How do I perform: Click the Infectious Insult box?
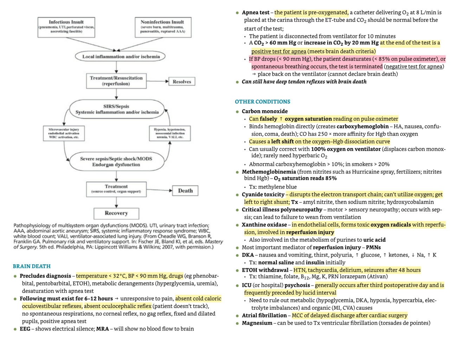coord(66,27)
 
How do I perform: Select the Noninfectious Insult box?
coord(163,27)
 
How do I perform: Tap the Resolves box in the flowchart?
coord(182,82)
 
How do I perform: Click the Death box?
coord(185,191)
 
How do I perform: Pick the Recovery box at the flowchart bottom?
coord(116,213)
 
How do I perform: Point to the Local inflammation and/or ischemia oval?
coord(120,56)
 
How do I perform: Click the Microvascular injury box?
coord(64,133)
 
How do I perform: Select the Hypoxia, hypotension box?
coord(169,133)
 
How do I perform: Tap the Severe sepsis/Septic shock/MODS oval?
coord(116,162)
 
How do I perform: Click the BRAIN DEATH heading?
coord(32,266)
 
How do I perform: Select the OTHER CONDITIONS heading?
coord(262,102)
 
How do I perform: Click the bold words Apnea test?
coord(256,13)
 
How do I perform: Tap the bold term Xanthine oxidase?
coord(264,225)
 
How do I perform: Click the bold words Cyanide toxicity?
coord(263,194)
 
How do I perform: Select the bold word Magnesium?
coord(257,323)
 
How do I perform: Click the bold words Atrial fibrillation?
coord(264,315)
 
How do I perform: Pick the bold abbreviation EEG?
coord(25,329)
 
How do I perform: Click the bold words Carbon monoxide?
coord(265,111)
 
